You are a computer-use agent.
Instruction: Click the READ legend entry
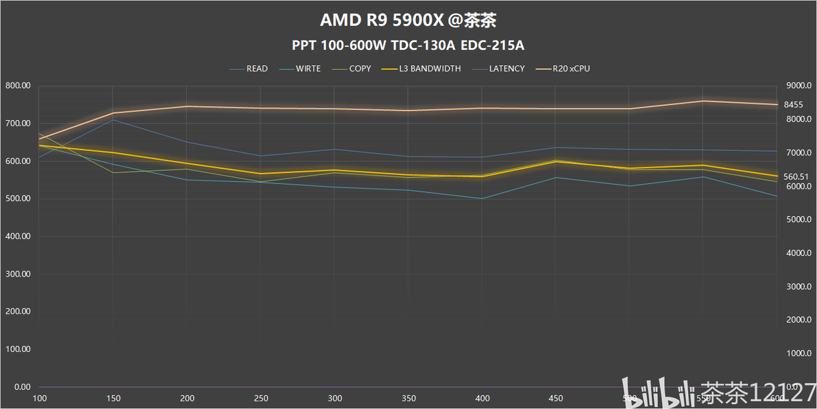coord(257,69)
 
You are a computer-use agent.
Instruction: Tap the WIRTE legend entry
coord(308,69)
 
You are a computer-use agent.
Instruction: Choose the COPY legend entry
coord(359,69)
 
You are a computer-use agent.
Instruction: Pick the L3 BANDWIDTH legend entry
coord(430,69)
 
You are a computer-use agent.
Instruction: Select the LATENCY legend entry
coord(507,69)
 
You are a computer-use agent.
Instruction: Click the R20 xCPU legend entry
coord(571,69)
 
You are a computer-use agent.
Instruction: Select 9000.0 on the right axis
coord(797,86)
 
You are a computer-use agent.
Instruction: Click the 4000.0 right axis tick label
coord(797,253)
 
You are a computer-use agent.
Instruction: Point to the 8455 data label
coord(794,105)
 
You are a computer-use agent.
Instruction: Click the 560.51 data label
coord(796,177)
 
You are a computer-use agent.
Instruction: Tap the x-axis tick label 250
coord(260,399)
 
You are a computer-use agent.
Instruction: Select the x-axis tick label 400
coord(482,399)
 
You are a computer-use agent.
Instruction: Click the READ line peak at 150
coord(113,119)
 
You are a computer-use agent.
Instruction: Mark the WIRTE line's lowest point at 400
coord(482,198)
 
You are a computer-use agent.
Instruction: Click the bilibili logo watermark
coord(651,393)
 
